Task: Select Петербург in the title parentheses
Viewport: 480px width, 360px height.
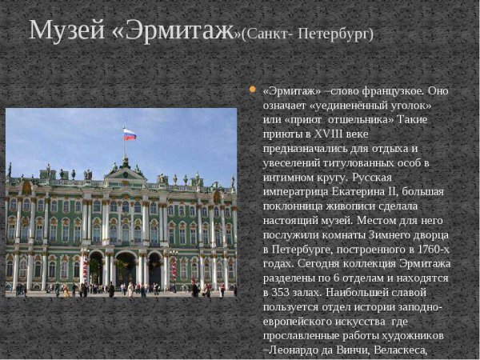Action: [335, 34]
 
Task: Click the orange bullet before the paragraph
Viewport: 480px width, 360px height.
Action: [253, 89]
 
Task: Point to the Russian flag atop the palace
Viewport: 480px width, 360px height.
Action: [130, 134]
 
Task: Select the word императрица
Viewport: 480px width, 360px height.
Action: [294, 191]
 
